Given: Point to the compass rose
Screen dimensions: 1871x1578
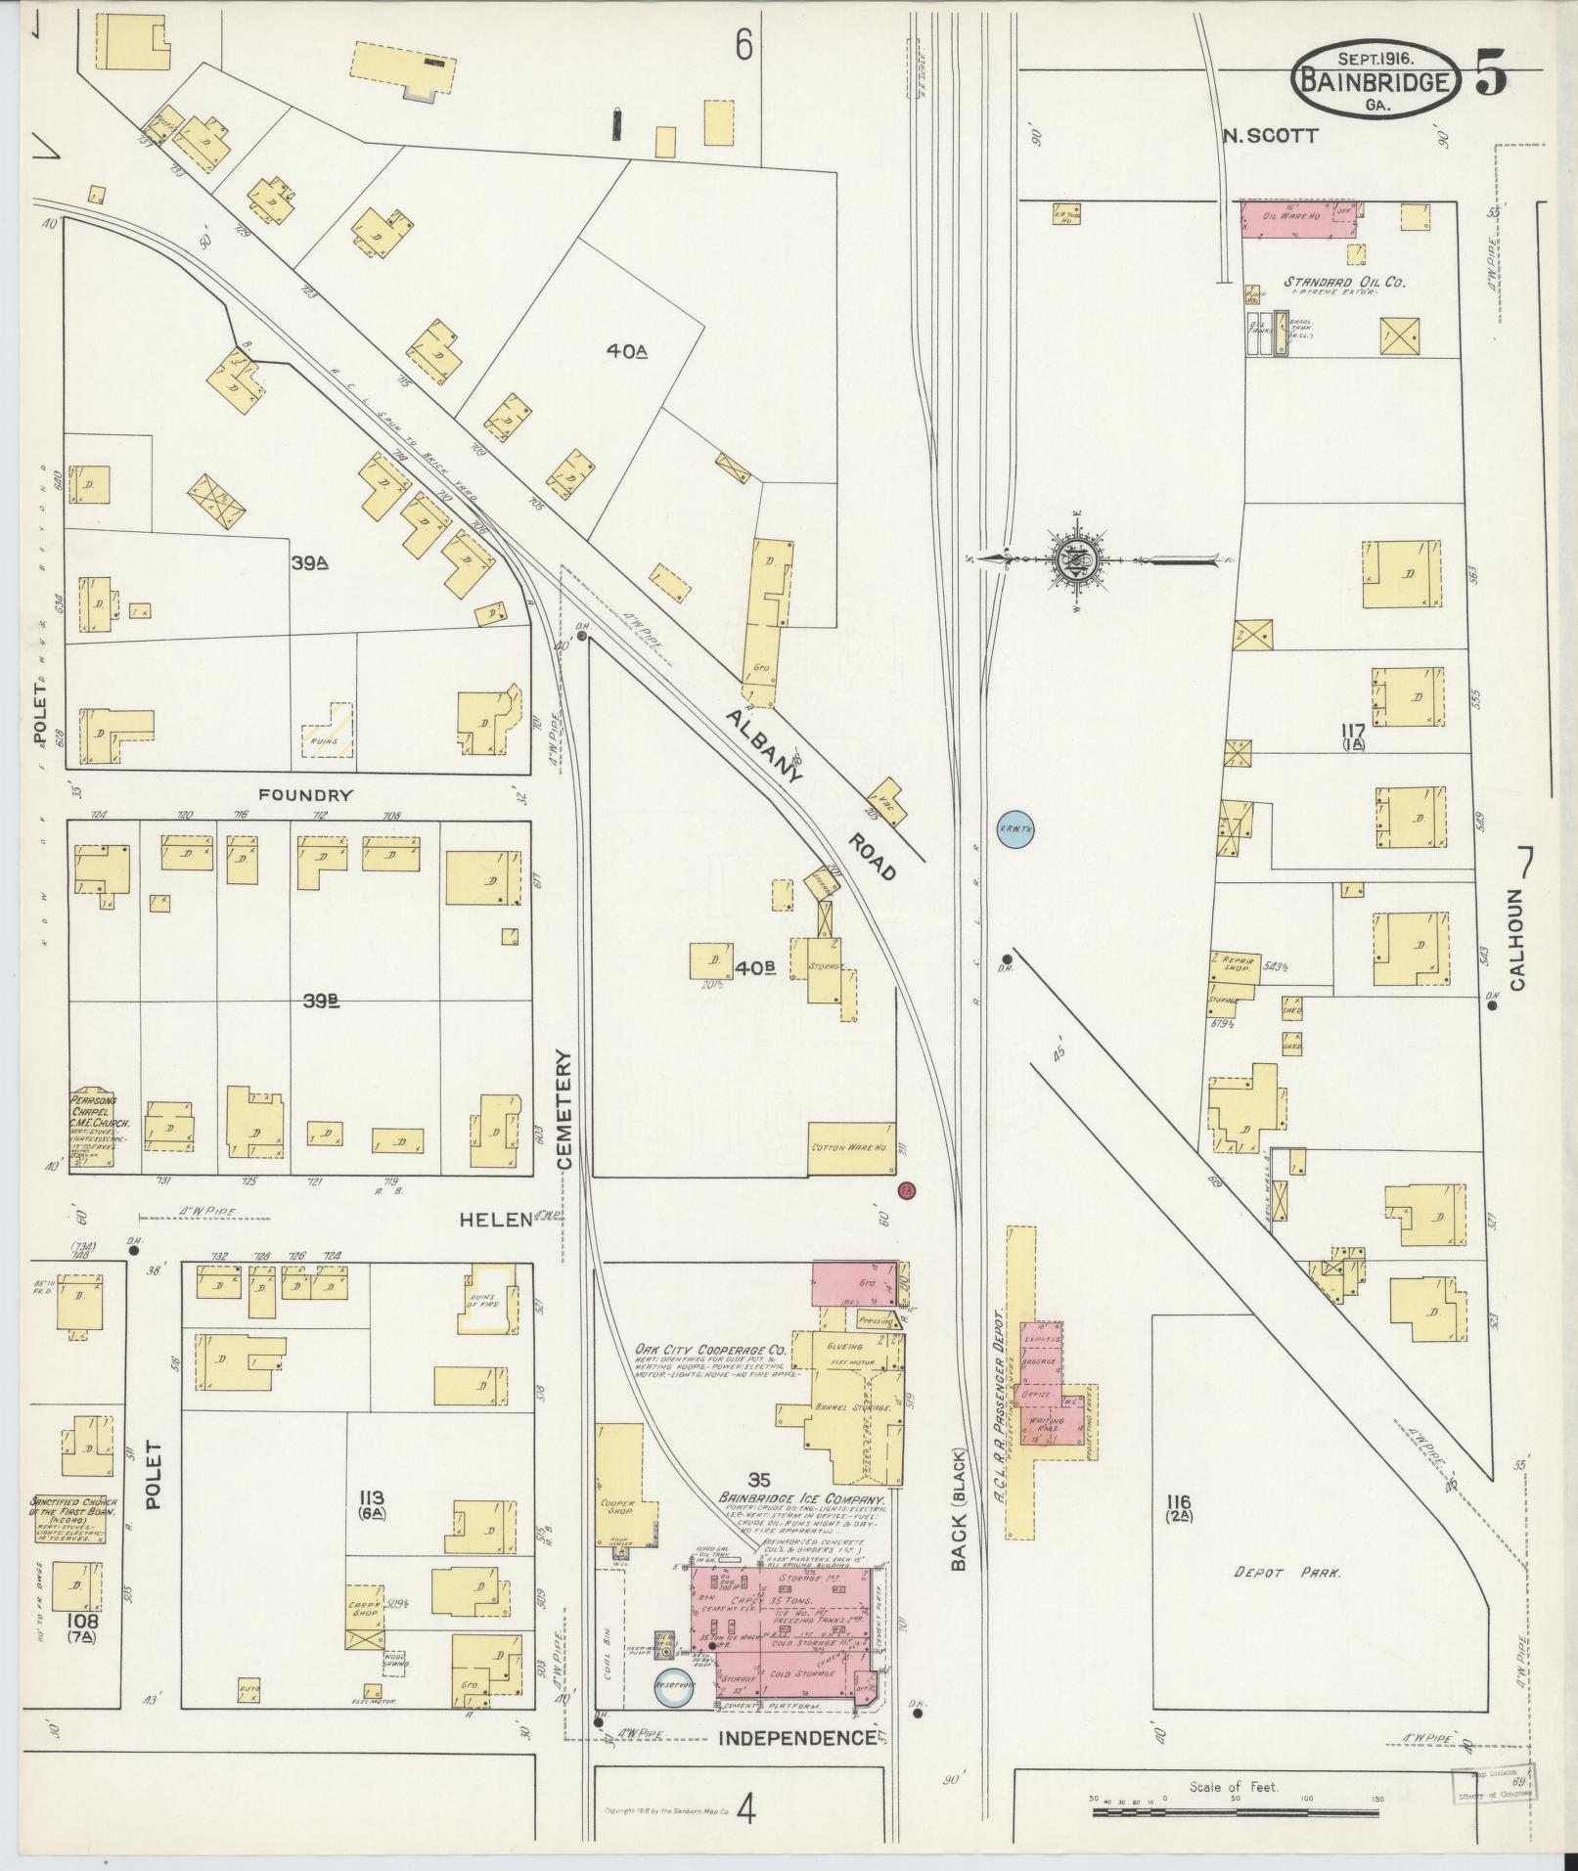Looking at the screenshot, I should tap(1076, 560).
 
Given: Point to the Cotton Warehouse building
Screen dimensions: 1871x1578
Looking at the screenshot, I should tap(851, 1147).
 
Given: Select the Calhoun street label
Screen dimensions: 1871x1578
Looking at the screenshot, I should tap(1516, 939).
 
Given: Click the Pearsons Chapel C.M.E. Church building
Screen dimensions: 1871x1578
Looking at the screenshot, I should tap(92, 1128).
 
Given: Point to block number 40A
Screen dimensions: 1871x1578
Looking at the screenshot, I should tap(628, 350).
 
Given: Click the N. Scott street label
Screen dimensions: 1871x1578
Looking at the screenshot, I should tap(1271, 135).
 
